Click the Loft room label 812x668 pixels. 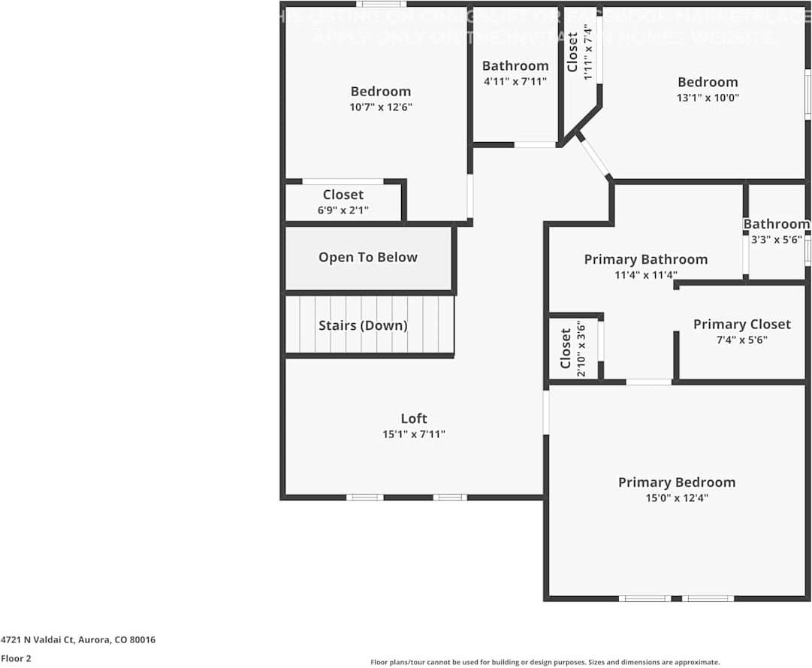(x=413, y=419)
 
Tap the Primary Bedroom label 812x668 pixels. (x=676, y=482)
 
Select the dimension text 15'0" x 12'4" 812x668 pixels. (x=676, y=497)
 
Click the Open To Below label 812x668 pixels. (x=367, y=257)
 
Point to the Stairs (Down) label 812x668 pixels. (x=363, y=325)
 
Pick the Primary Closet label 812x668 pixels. (x=741, y=324)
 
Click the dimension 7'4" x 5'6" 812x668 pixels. (x=741, y=340)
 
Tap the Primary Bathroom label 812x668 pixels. (x=645, y=259)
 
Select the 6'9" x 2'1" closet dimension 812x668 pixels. (x=343, y=210)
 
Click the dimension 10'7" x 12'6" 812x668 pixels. (x=381, y=107)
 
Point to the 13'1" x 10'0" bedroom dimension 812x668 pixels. (x=708, y=97)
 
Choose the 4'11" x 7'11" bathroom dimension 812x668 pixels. (x=515, y=81)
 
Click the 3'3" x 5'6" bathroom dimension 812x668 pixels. (x=777, y=240)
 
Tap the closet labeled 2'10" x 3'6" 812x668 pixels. (x=573, y=349)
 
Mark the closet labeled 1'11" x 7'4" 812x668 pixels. (x=579, y=51)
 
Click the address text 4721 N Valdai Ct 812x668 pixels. (x=78, y=640)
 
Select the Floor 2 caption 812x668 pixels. (x=16, y=658)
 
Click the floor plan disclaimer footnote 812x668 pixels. (x=545, y=662)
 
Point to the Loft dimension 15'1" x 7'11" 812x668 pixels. (x=413, y=434)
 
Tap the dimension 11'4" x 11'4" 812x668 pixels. (x=645, y=275)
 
